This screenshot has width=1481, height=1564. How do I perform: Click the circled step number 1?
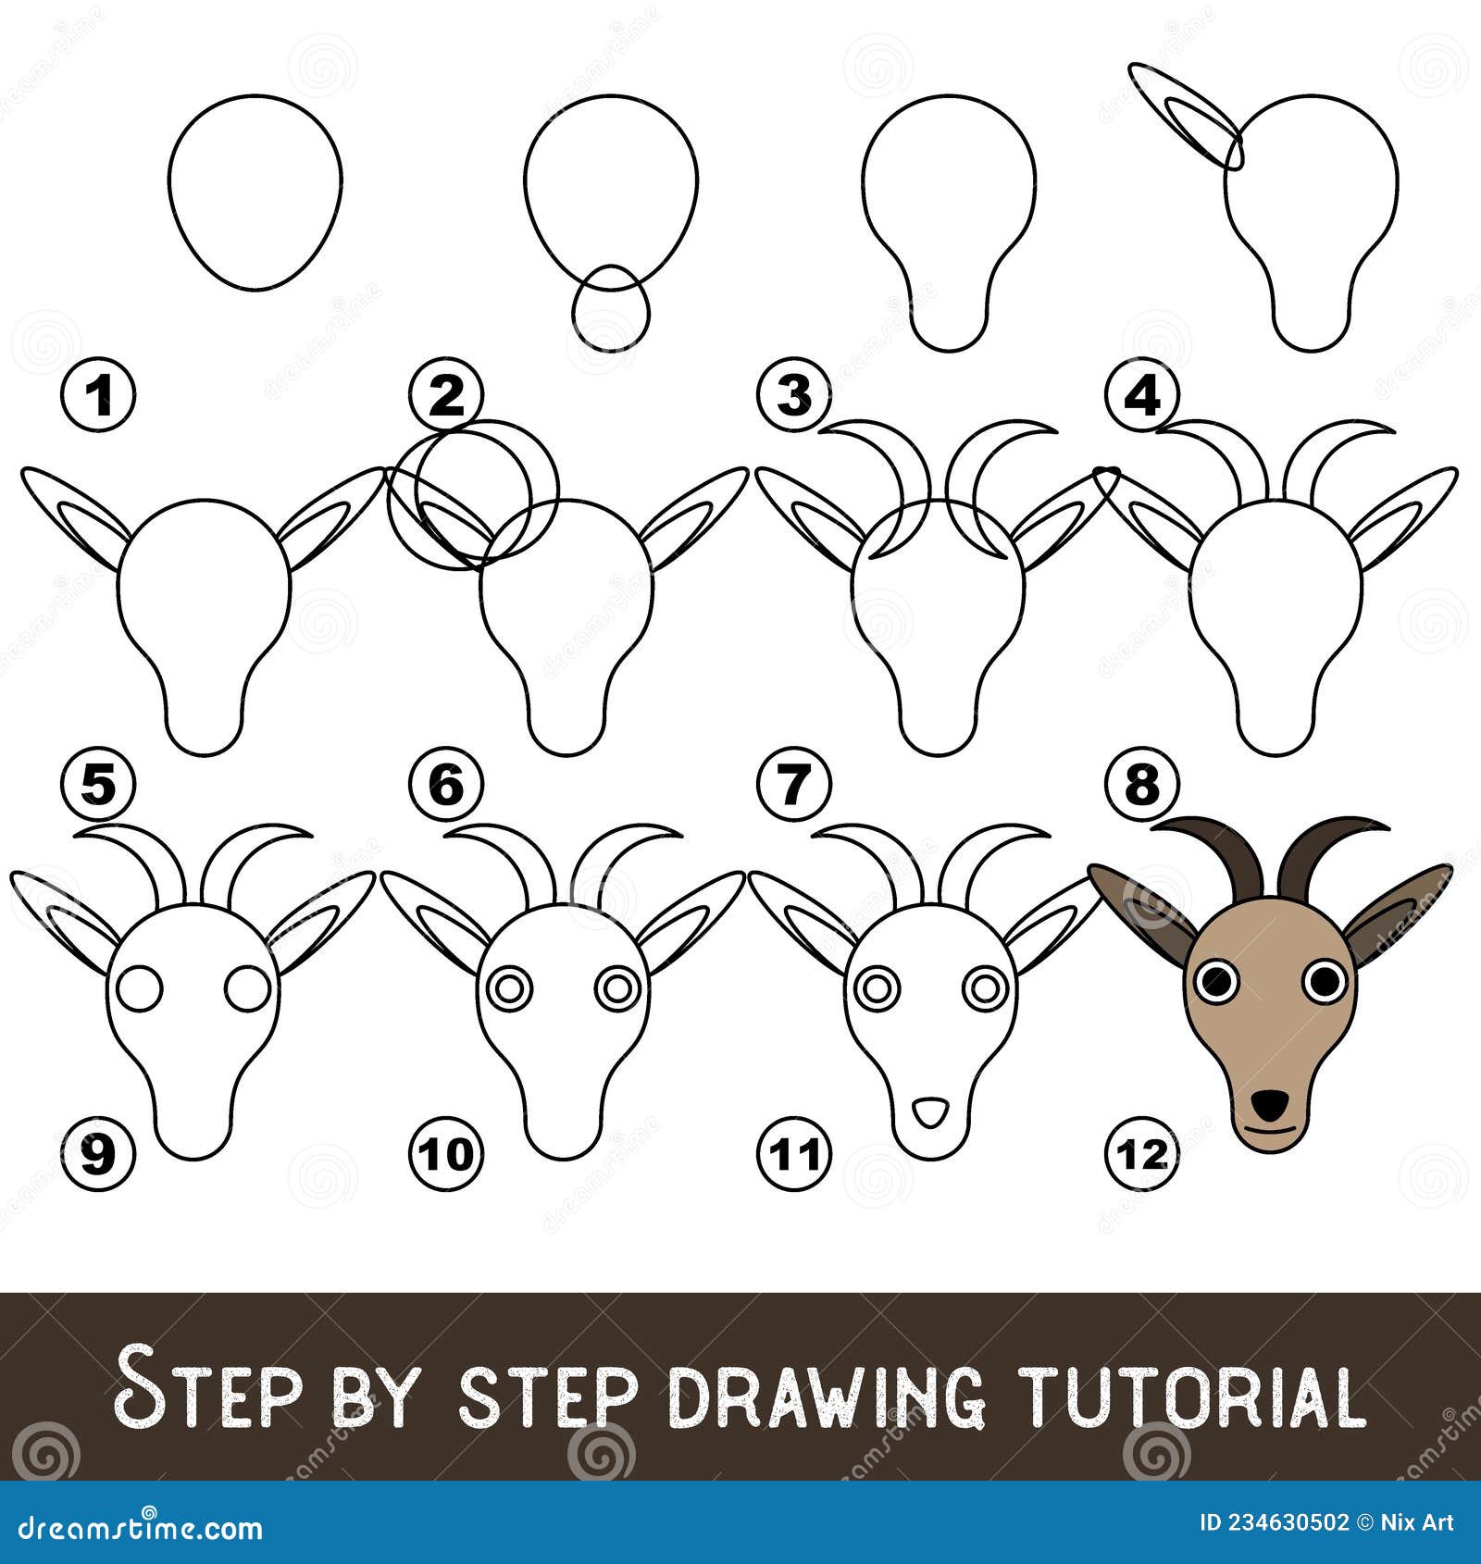point(98,397)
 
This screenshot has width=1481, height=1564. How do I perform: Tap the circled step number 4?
point(1141,397)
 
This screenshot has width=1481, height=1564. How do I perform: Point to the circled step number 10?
point(447,1153)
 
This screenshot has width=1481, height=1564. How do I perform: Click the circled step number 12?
point(1141,1153)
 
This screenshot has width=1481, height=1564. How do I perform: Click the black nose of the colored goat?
point(1271,1102)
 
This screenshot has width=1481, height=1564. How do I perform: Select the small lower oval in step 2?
point(610,306)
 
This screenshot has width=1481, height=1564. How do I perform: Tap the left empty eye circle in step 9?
point(141,988)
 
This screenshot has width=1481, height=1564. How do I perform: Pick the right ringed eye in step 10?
point(616,988)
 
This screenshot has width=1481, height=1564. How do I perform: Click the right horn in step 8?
point(1333,453)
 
